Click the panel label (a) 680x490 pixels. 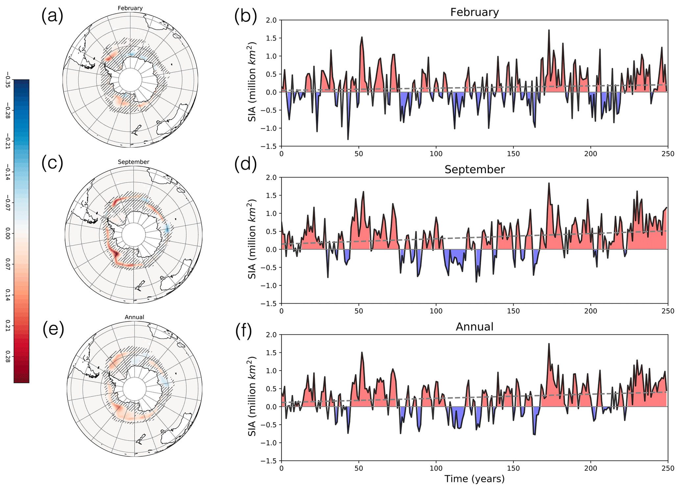pos(52,16)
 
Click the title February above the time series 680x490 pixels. pos(474,12)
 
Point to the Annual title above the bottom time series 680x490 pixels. pos(474,327)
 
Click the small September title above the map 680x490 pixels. pos(133,162)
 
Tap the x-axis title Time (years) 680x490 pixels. pos(474,479)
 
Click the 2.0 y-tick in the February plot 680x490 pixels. pos(271,20)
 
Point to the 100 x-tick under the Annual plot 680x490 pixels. pos(436,468)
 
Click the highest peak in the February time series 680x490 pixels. pos(549,30)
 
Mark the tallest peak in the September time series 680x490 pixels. pos(549,183)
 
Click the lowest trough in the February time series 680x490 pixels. pos(348,139)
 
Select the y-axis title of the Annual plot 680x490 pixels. pos(252,398)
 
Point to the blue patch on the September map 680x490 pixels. pos(167,228)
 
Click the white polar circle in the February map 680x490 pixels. pos(130,80)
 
